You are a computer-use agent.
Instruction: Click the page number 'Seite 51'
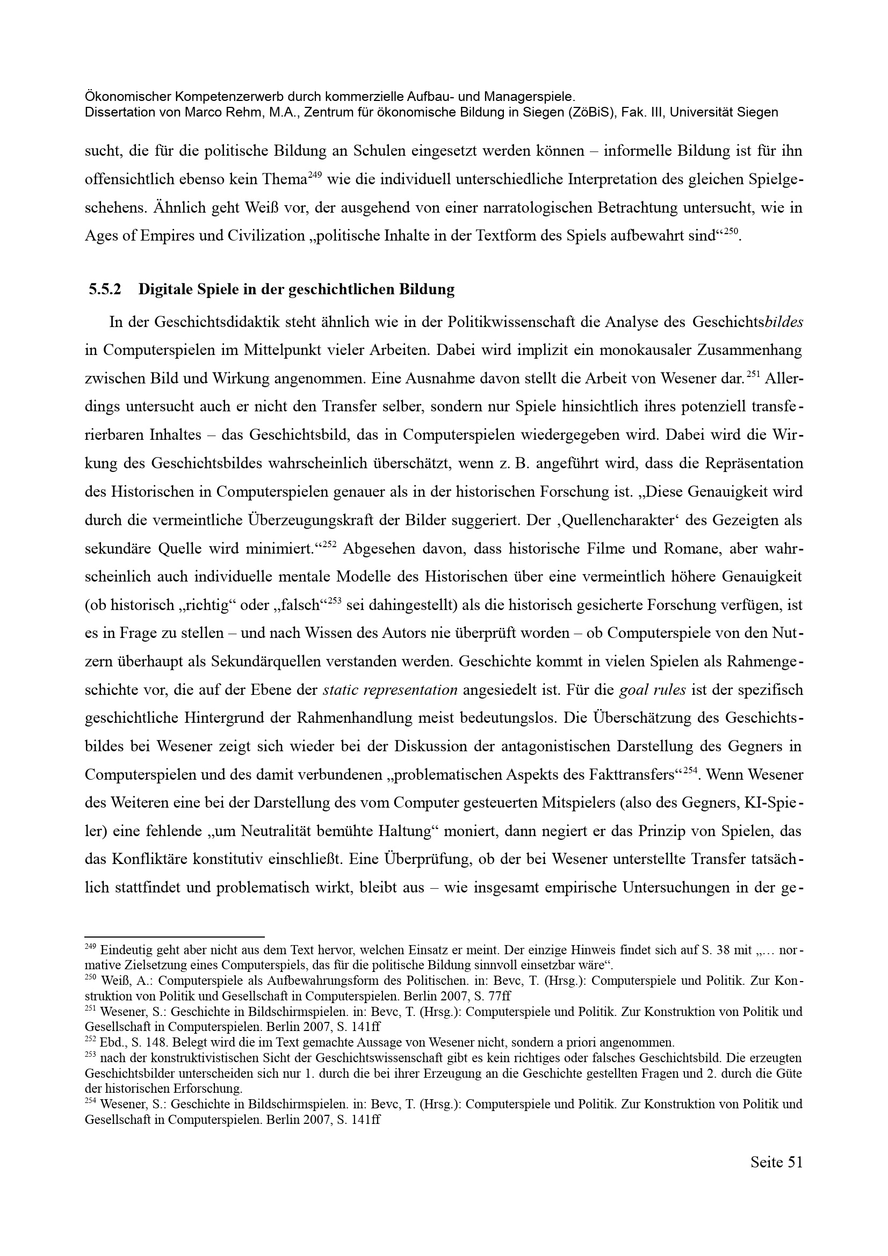tap(776, 1177)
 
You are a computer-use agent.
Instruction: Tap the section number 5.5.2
tap(105, 289)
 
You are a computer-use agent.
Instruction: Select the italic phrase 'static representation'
tap(390, 690)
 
